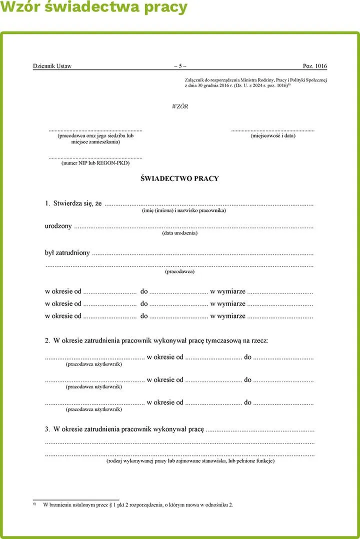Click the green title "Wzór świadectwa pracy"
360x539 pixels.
(94, 8)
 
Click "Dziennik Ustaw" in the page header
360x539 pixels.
(52, 66)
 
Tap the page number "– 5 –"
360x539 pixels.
(180, 66)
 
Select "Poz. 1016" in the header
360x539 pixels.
(315, 66)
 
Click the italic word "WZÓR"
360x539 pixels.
(180, 106)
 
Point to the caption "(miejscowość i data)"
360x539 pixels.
(273, 135)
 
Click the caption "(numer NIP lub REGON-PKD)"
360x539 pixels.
(95, 162)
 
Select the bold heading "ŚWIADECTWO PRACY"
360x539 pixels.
(180, 178)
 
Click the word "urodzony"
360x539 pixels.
(58, 226)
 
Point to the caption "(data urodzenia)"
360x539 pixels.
(180, 233)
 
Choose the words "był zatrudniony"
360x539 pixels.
(67, 252)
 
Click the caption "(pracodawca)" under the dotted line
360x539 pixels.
(179, 271)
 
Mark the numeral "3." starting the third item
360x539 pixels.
(47, 429)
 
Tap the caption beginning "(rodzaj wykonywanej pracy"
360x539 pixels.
(190, 461)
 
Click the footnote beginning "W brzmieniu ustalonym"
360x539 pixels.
(138, 505)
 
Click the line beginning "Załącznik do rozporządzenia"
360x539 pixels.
(255, 79)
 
